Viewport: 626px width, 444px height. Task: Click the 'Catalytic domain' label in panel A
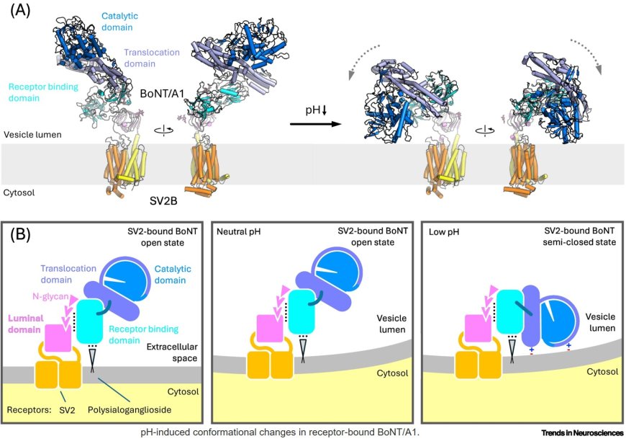coord(119,20)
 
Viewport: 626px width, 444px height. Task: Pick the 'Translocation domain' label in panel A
coord(153,58)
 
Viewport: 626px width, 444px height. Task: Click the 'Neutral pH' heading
coord(241,231)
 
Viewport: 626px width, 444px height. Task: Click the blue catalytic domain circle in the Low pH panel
coord(566,316)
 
